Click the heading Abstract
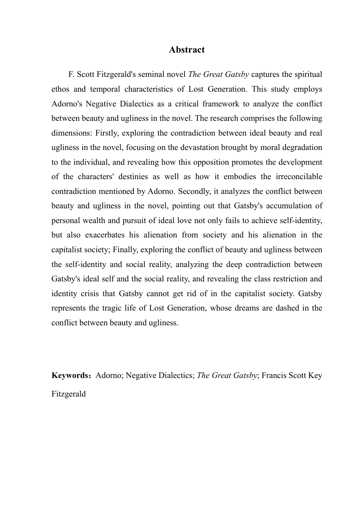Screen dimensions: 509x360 186,50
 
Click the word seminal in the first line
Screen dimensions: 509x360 148,75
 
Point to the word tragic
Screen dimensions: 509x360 113,308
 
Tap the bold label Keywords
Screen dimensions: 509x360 70,376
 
